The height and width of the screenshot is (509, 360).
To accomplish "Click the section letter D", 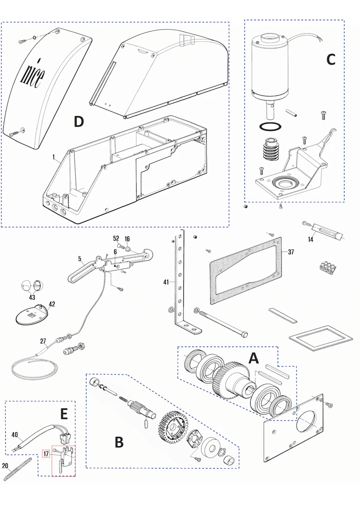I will (79, 122).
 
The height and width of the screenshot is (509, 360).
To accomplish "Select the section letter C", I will (331, 59).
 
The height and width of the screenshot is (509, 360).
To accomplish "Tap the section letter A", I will (253, 358).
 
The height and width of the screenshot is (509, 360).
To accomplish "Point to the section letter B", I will (119, 442).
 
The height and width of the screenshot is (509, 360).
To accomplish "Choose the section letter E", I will (64, 414).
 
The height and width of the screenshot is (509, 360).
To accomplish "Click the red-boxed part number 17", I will (46, 454).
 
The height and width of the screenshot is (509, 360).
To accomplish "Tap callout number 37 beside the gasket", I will (291, 252).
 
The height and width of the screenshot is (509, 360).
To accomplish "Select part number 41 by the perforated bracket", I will (166, 282).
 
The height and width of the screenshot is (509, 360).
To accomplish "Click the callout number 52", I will (116, 238).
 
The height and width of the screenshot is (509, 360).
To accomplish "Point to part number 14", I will (310, 240).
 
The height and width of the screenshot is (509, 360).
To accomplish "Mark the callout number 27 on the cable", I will (43, 341).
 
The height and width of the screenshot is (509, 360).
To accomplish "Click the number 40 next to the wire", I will (14, 435).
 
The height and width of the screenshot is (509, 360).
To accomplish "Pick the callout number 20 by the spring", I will (5, 466).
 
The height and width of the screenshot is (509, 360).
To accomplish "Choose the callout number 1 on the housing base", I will (54, 157).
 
